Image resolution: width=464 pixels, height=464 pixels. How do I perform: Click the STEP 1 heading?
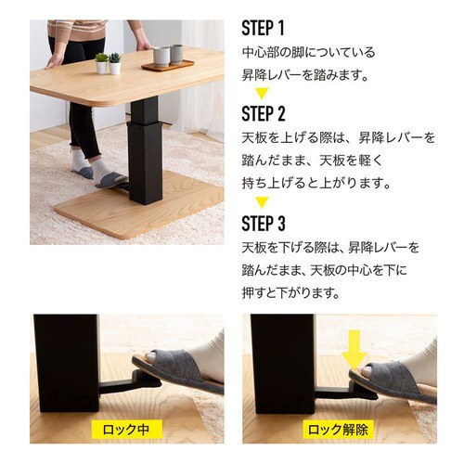coord(263,28)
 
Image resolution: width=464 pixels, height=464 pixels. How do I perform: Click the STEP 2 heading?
coord(264,113)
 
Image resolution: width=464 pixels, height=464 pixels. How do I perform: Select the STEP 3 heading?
coord(264,223)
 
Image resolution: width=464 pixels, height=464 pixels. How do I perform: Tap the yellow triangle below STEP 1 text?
coord(262,94)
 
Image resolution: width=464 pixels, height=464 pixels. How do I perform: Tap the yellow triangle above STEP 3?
coord(262,202)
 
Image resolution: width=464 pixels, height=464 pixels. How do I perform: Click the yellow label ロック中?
coord(127,429)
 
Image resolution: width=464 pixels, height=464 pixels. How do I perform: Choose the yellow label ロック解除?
coord(338,429)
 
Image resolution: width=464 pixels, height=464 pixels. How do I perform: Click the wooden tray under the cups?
coord(168,66)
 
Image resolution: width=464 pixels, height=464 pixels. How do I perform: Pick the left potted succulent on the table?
coord(101,63)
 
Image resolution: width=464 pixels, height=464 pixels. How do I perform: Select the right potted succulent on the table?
coord(115,64)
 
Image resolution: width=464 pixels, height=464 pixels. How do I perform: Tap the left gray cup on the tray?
coord(161,57)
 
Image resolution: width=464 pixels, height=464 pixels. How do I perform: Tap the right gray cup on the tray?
coord(176,55)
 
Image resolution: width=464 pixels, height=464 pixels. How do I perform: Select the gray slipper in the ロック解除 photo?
coord(393,383)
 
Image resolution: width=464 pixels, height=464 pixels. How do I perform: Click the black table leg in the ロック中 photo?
coord(66,364)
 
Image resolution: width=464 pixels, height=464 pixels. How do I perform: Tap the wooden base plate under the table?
coord(139,206)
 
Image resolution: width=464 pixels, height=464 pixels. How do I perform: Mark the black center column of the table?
coord(145,150)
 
